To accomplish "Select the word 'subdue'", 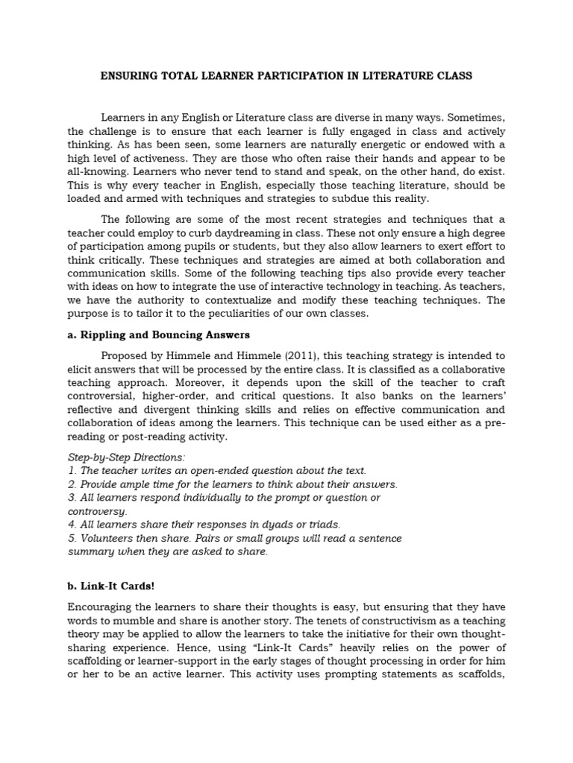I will pyautogui.click(x=350, y=197).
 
